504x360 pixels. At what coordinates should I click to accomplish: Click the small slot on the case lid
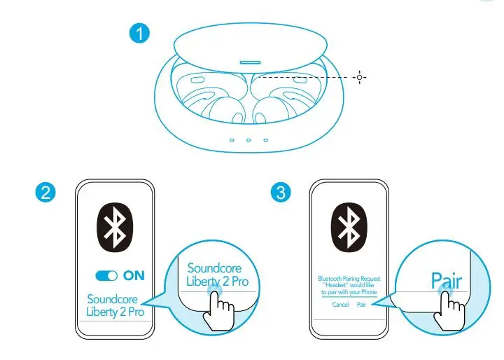pyautogui.click(x=250, y=62)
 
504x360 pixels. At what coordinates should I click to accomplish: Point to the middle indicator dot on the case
pyautogui.click(x=248, y=140)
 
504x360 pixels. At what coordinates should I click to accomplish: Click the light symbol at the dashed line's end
pyautogui.click(x=360, y=77)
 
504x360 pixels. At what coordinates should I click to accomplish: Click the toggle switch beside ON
pyautogui.click(x=107, y=275)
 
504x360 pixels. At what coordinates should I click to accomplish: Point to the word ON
pyautogui.click(x=134, y=275)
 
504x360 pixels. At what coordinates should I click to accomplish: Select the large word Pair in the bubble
pyautogui.click(x=447, y=281)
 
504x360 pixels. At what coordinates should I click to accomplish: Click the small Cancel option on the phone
pyautogui.click(x=341, y=305)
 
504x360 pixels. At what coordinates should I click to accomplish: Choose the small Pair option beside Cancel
pyautogui.click(x=361, y=305)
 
